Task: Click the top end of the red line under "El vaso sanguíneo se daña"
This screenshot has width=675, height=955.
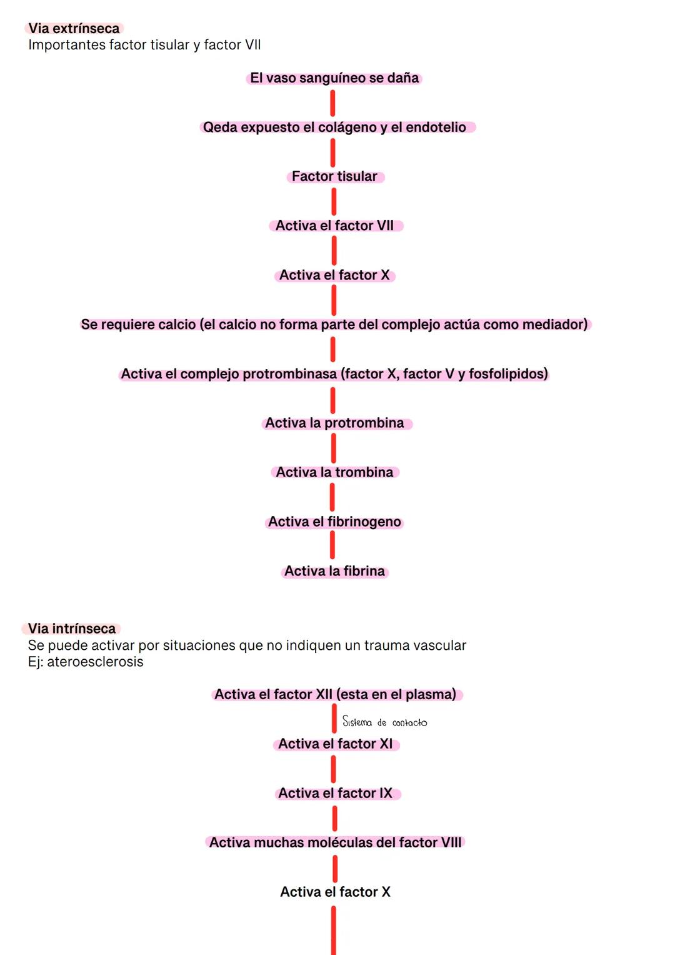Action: tap(332, 92)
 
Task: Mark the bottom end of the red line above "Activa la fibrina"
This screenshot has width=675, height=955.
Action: tap(332, 557)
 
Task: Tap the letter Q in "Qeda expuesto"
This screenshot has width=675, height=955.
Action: tap(208, 127)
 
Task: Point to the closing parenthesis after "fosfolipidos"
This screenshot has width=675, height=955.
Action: tap(546, 374)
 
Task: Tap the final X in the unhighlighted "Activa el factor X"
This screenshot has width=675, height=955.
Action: tap(386, 891)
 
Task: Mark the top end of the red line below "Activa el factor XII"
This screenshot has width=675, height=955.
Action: tap(334, 706)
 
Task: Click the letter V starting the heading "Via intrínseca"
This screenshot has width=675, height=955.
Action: tap(32, 629)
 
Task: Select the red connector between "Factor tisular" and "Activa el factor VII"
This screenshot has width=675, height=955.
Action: tap(334, 201)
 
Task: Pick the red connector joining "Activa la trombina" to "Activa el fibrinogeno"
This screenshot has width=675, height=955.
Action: tap(332, 497)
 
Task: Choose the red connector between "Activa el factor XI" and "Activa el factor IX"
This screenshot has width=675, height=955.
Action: tap(333, 769)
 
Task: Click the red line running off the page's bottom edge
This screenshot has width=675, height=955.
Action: tap(333, 931)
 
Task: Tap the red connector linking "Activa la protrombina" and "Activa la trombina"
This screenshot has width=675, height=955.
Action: tap(333, 448)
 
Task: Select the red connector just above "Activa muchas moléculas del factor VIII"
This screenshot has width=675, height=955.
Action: tap(334, 819)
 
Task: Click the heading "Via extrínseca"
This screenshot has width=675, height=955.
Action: tap(74, 29)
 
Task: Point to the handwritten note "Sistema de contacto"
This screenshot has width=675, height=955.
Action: tap(384, 721)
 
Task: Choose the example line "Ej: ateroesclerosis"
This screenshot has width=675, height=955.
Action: tap(86, 662)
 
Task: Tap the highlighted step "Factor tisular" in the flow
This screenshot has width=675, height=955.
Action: tap(334, 176)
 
